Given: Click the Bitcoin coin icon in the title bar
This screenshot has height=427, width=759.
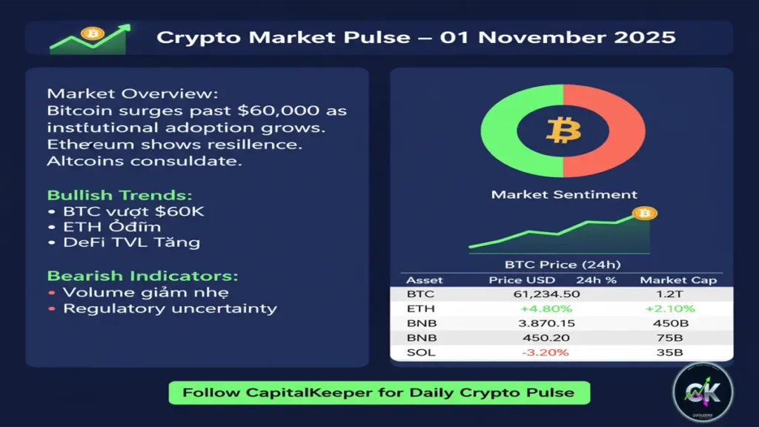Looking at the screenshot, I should (x=93, y=34).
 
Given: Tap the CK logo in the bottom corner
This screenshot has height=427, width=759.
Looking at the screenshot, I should (x=702, y=393).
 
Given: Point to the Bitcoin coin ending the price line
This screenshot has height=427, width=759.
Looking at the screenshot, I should (x=645, y=214).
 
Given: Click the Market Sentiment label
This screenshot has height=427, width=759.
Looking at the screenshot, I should (x=563, y=195).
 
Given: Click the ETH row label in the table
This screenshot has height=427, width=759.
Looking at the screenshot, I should (x=420, y=309).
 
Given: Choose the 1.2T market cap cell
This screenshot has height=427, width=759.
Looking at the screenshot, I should (x=673, y=294).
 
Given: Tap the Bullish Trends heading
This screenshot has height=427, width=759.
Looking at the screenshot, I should (x=119, y=196).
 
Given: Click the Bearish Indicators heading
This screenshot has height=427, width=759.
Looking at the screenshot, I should (x=143, y=276).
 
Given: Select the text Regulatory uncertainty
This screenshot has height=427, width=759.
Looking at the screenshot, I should (x=170, y=308).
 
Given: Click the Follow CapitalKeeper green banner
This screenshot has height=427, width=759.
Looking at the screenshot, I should (x=379, y=393).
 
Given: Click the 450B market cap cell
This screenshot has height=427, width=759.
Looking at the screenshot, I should (x=673, y=323).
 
